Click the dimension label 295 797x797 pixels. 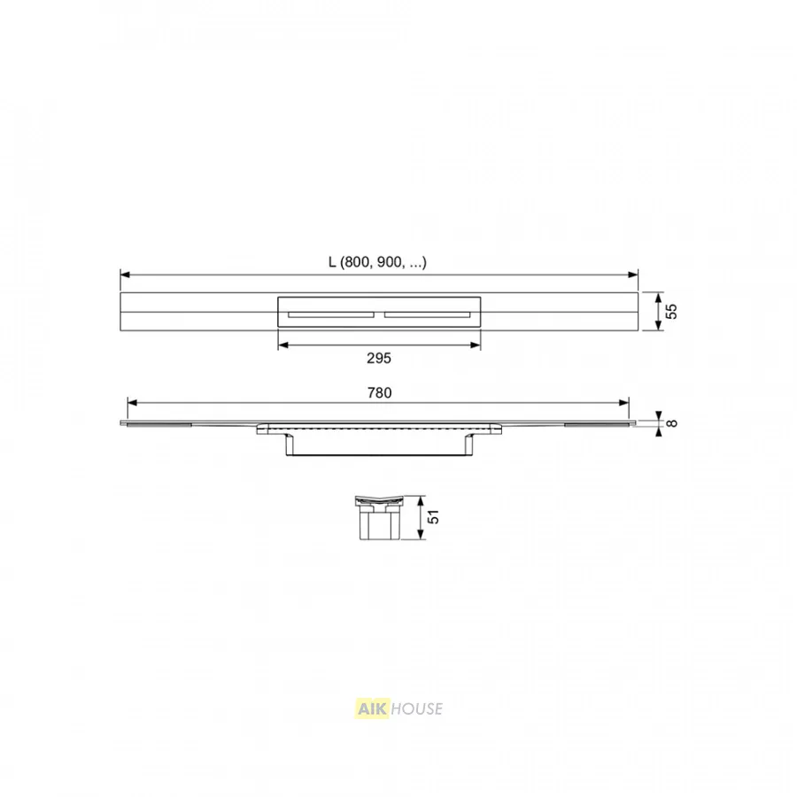coord(379,359)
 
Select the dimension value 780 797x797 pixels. coord(379,393)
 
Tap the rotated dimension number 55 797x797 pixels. coord(671,311)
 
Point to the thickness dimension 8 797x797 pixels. coord(671,423)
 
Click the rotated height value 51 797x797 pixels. coord(433,517)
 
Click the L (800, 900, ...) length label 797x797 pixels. coord(377,262)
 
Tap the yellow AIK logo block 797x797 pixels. coord(372,708)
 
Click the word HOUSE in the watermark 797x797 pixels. coord(417,708)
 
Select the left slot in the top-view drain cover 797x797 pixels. coord(331,314)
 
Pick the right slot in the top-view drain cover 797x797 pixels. coord(428,314)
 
